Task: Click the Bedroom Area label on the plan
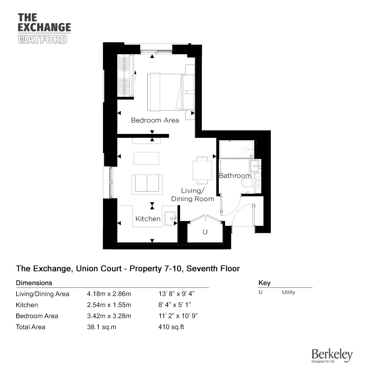(x=155, y=120)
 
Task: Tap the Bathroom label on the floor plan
(x=235, y=176)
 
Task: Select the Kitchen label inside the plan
(x=148, y=218)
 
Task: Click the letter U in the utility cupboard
(x=205, y=232)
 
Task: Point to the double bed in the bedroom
(x=171, y=92)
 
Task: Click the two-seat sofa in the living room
(x=147, y=184)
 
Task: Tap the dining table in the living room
(x=202, y=170)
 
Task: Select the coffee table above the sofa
(x=146, y=158)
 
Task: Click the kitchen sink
(x=170, y=218)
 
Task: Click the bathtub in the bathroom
(x=237, y=149)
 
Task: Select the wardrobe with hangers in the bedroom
(x=125, y=75)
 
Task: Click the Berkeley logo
(x=332, y=356)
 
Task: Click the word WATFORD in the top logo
(x=42, y=39)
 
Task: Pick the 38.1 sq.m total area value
(x=102, y=327)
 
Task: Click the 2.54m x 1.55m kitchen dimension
(x=109, y=305)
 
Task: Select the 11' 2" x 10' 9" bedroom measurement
(x=178, y=316)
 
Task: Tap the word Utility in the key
(x=289, y=292)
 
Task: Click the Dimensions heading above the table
(x=34, y=283)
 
